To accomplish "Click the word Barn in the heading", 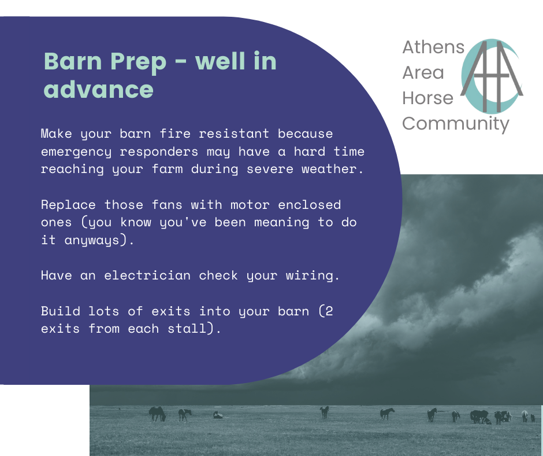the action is (73, 61).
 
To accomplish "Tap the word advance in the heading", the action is (98, 89).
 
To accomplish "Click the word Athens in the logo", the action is (433, 47).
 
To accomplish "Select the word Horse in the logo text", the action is (427, 98).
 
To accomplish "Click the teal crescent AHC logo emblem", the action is (492, 76).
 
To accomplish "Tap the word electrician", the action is (147, 275).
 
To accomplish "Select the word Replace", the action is (68, 205).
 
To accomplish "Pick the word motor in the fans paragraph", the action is (250, 205).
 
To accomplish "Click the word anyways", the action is (92, 240).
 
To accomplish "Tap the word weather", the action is (329, 169).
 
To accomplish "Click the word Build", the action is (60, 311).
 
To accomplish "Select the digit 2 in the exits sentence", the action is (329, 311).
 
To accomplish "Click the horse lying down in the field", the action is (218, 415).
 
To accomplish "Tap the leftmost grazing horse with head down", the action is (157, 414).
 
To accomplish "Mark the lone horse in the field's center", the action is (325, 412).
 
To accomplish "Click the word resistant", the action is (234, 134).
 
